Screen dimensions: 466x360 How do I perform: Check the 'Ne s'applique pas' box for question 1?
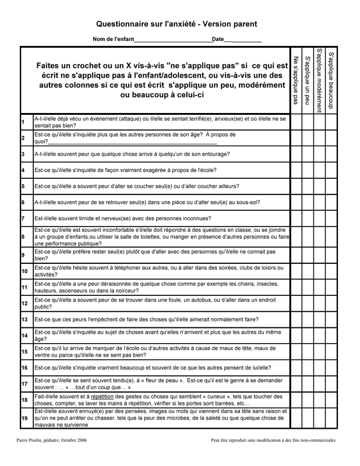(296, 122)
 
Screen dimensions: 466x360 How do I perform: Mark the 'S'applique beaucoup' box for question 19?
(331, 417)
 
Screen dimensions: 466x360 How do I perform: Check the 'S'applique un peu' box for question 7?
(308, 218)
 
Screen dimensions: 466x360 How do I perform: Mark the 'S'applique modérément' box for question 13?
(319, 320)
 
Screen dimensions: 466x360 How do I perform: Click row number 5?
(23, 186)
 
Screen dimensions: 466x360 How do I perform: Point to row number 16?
(24, 368)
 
